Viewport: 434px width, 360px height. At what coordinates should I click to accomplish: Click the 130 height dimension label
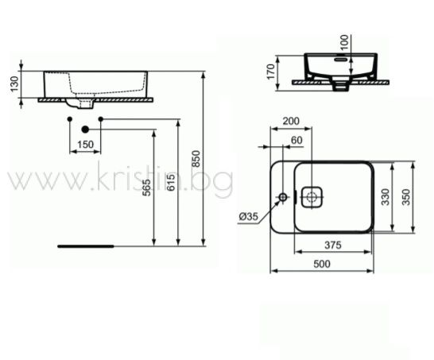[x=14, y=83]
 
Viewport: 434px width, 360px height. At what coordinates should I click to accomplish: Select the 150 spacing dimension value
[x=86, y=145]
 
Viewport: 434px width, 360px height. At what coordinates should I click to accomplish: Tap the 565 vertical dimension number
[x=147, y=188]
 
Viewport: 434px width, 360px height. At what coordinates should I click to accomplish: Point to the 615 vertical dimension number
[x=172, y=183]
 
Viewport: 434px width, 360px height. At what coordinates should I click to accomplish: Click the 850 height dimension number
[x=196, y=159]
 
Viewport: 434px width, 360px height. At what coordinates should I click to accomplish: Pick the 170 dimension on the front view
[x=271, y=72]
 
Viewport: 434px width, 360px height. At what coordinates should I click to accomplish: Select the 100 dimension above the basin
[x=345, y=42]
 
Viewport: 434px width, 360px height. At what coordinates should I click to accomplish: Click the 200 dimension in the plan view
[x=291, y=122]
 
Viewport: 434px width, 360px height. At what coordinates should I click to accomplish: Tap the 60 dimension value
[x=296, y=141]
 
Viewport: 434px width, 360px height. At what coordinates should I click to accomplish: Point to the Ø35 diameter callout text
[x=249, y=216]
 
